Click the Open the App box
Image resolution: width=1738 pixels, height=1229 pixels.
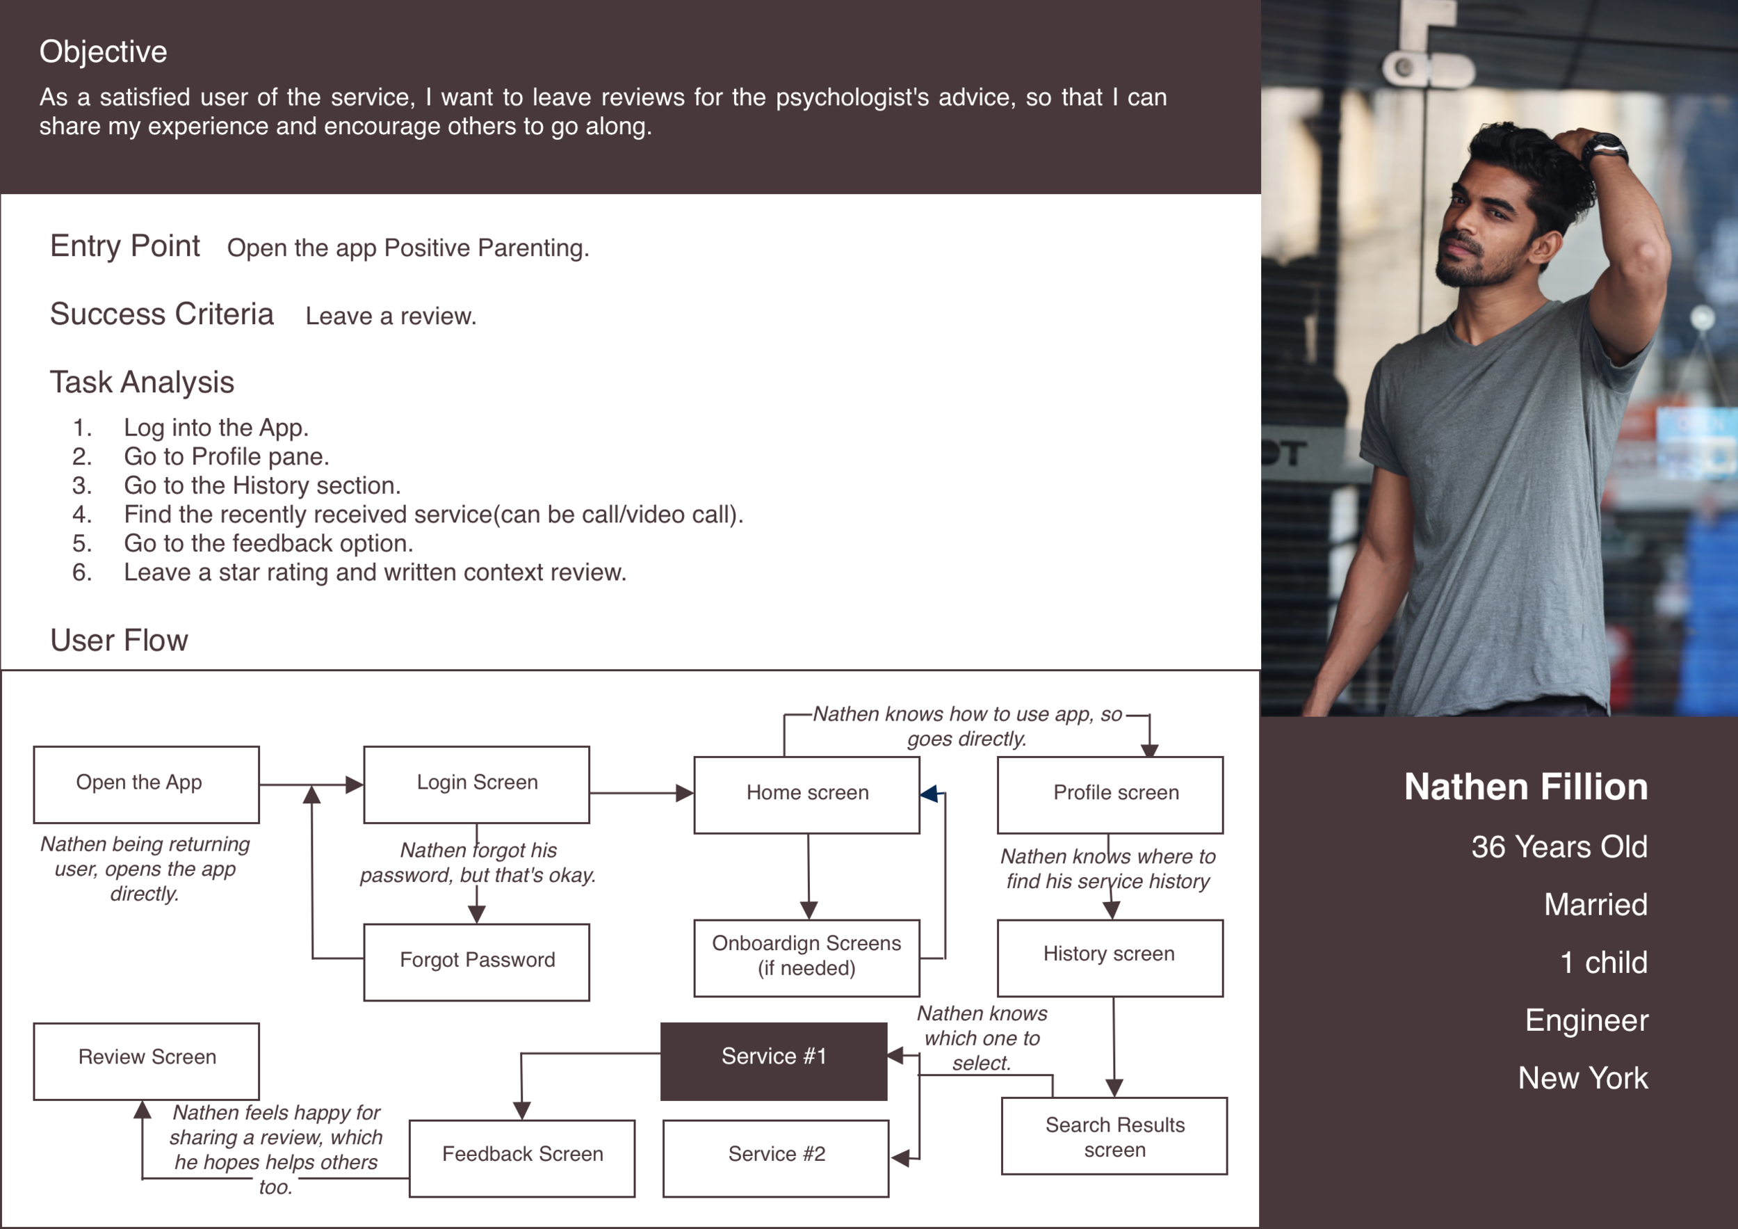[146, 785]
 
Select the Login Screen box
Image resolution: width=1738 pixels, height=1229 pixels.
[476, 785]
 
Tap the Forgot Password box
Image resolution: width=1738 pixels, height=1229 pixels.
[476, 962]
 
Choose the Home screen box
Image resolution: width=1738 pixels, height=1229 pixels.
[806, 794]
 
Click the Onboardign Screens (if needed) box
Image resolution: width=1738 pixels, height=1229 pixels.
[806, 957]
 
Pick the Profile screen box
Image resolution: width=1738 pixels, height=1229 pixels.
[1110, 794]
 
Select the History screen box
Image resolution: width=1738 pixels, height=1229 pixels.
[1110, 957]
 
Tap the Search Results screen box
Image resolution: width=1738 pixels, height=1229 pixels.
[1114, 1135]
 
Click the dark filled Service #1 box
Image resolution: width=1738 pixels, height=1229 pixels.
[773, 1060]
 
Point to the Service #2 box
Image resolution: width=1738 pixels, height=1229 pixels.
[775, 1158]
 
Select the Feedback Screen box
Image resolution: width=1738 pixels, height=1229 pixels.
[521, 1158]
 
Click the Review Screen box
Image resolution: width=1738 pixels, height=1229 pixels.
[146, 1060]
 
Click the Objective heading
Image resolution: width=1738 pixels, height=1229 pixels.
[103, 51]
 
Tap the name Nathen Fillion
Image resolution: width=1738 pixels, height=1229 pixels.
[1525, 787]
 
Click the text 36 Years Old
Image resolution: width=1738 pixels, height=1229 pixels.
[1559, 846]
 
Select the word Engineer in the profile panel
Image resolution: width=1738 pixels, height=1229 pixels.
[1586, 1020]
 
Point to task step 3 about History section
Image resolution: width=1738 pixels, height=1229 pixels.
[261, 485]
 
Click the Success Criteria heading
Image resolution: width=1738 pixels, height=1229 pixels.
[161, 314]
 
